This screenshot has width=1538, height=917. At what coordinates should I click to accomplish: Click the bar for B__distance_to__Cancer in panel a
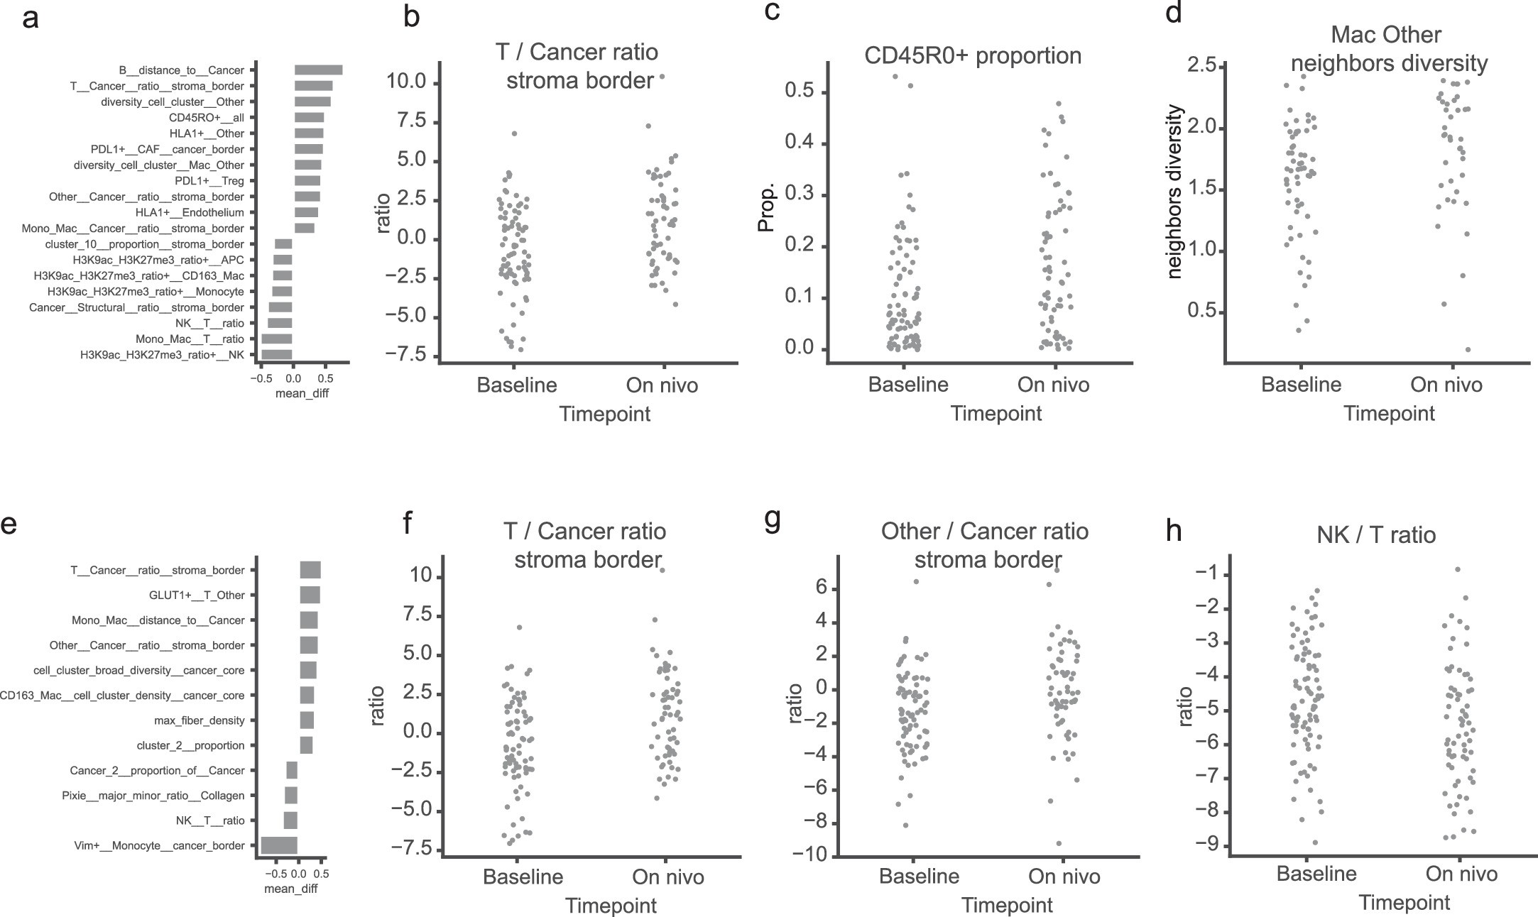click(318, 70)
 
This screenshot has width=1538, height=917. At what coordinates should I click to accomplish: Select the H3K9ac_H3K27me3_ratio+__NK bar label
click(162, 355)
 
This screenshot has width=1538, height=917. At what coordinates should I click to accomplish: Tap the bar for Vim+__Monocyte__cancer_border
click(279, 845)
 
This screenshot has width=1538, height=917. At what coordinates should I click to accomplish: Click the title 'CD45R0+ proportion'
click(973, 55)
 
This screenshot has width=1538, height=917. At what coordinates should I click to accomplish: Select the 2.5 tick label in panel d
click(1199, 67)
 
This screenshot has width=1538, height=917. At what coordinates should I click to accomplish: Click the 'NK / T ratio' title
click(1375, 534)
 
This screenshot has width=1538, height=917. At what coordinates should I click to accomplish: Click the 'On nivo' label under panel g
click(1064, 877)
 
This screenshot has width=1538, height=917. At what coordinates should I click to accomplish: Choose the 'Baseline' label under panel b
click(517, 385)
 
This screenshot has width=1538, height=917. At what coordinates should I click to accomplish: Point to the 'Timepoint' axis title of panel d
click(1388, 414)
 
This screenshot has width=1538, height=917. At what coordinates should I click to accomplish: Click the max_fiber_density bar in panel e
click(307, 720)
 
